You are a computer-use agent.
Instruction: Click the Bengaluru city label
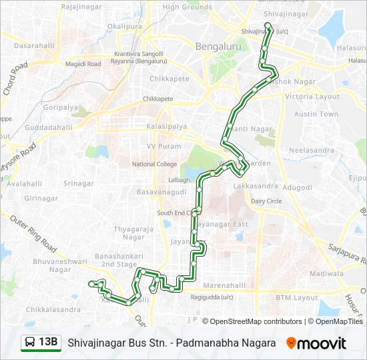214,47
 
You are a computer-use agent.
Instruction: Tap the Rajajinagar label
80,7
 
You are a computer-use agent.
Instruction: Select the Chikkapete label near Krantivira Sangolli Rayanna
165,78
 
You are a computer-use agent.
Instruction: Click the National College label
154,163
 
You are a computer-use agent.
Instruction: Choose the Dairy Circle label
266,201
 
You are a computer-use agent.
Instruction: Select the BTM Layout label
297,297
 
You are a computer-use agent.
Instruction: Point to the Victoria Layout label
312,97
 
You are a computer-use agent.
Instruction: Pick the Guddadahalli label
48,127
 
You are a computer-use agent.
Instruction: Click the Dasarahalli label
33,45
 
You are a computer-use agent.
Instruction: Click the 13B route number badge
48,343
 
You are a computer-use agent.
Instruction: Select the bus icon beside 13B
30,343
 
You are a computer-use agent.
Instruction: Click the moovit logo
317,343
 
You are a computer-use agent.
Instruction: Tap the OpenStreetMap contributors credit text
256,321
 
